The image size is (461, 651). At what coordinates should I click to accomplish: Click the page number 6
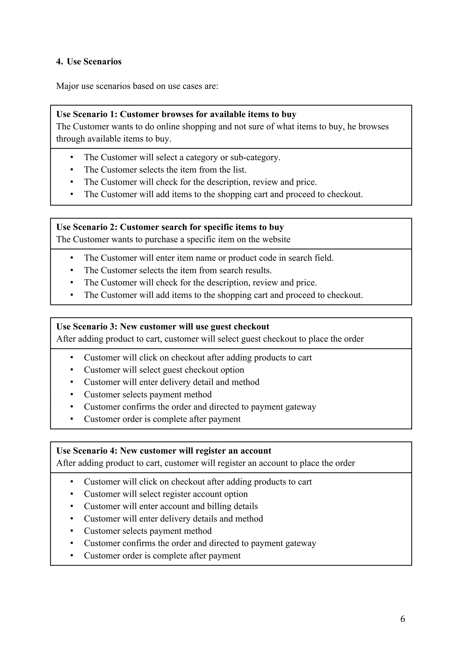pyautogui.click(x=402, y=619)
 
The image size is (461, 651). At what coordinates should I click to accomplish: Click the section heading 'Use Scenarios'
pyautogui.click(x=94, y=62)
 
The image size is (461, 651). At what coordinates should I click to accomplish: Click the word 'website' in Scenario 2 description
pyautogui.click(x=276, y=239)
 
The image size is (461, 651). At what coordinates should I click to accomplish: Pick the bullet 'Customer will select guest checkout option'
pyautogui.click(x=164, y=370)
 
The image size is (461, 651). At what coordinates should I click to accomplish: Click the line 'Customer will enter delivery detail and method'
pyautogui.click(x=172, y=382)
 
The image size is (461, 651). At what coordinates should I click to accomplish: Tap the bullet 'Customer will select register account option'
pyautogui.click(x=166, y=494)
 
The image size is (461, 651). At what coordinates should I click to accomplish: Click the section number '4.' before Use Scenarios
pyautogui.click(x=59, y=62)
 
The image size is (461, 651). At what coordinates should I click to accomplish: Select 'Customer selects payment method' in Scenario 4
pyautogui.click(x=148, y=531)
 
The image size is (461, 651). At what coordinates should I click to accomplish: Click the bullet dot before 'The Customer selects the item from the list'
pyautogui.click(x=72, y=170)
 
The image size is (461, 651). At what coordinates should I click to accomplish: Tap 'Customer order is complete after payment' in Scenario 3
pyautogui.click(x=162, y=419)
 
